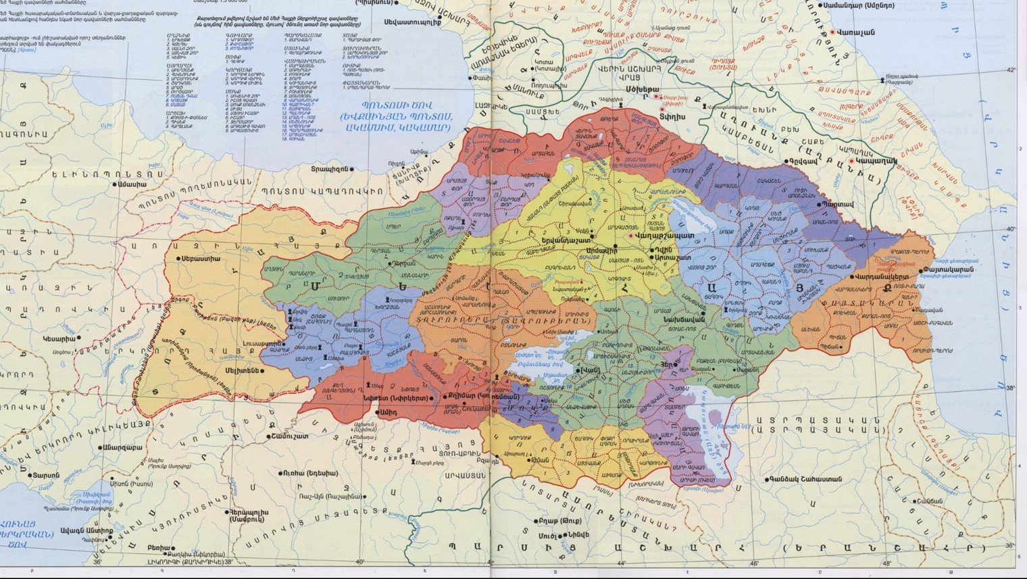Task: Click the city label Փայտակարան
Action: [949, 270]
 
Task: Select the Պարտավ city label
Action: [841, 203]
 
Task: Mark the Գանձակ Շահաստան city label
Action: [803, 479]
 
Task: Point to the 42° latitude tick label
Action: [1011, 70]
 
